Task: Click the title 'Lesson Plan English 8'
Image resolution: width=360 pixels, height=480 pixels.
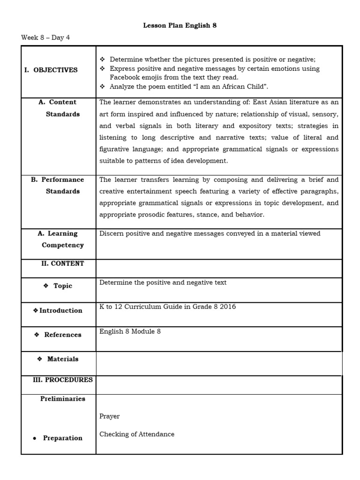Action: [180, 26]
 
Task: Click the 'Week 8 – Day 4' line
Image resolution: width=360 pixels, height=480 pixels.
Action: [45, 37]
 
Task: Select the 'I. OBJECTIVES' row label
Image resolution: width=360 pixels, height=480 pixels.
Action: [51, 70]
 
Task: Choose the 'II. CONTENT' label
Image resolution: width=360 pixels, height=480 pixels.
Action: [63, 263]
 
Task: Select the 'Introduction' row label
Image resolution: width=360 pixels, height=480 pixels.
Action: [58, 310]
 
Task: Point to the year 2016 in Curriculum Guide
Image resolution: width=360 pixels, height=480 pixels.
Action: [228, 307]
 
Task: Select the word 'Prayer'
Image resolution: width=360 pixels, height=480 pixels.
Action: [109, 416]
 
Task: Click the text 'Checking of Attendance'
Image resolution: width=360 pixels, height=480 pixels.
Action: [136, 434]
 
